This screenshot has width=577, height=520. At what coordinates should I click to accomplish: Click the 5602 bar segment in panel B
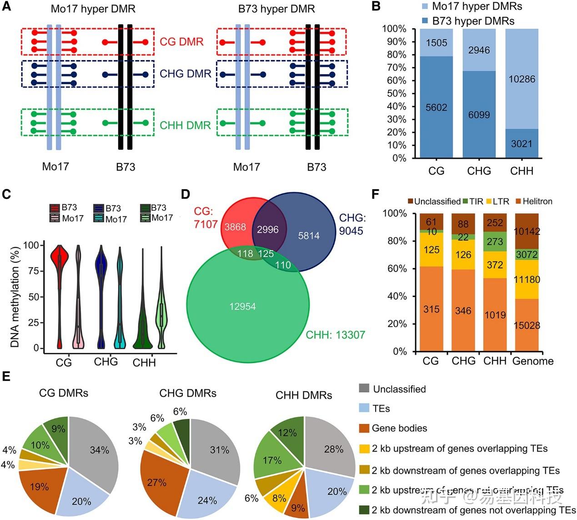click(436, 107)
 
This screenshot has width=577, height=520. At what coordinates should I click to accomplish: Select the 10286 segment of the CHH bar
click(521, 79)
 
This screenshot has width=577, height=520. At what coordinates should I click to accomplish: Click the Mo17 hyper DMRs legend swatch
click(424, 6)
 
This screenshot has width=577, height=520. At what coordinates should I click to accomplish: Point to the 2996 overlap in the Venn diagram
click(267, 229)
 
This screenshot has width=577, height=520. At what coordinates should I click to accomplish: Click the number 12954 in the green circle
click(242, 307)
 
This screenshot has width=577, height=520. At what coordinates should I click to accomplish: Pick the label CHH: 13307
click(335, 335)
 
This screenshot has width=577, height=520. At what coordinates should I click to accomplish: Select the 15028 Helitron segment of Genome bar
click(527, 325)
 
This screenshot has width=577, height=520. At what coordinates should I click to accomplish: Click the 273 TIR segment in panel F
click(495, 242)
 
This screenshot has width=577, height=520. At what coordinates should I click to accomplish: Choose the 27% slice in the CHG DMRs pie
click(156, 482)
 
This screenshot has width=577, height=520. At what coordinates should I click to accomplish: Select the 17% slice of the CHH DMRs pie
click(272, 460)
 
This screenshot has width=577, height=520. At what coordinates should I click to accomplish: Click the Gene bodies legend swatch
click(364, 428)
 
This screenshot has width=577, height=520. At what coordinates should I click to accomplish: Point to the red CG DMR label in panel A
click(181, 42)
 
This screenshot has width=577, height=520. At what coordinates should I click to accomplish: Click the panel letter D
click(186, 194)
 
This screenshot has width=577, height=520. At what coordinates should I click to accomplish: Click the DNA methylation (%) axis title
click(15, 297)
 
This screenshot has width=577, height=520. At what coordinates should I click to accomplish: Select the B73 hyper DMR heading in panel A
click(276, 9)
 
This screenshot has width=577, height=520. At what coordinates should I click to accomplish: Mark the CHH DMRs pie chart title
click(304, 395)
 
